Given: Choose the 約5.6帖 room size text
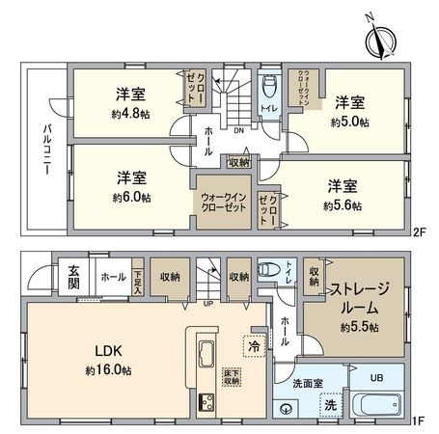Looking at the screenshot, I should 343,204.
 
